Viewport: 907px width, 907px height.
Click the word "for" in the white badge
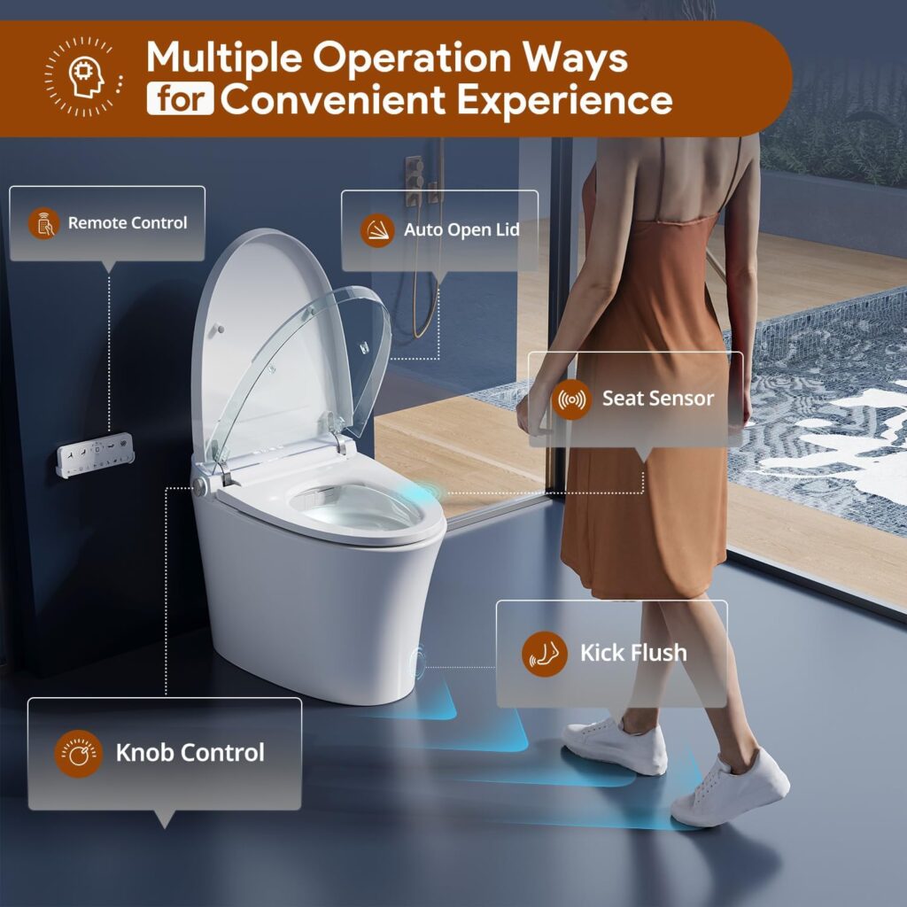tap(180, 98)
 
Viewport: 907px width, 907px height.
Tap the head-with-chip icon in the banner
tap(85, 76)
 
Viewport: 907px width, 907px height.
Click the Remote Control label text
tap(128, 222)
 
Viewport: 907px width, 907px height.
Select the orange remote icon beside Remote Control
tap(44, 223)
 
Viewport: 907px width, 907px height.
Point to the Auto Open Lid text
tap(461, 229)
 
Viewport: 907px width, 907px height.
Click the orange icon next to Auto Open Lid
tap(377, 230)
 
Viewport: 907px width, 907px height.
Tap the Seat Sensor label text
tap(658, 399)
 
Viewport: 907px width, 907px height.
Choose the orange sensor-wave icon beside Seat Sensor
tap(571, 399)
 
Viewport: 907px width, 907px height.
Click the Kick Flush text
tap(633, 653)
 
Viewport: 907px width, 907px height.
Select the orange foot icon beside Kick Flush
tap(545, 655)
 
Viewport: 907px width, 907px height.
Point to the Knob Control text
tap(190, 753)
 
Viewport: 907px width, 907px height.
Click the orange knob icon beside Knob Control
tap(79, 754)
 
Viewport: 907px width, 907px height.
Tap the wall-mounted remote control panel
tap(96, 454)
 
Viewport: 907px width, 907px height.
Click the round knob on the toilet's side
tap(200, 487)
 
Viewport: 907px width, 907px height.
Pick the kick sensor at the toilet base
tap(418, 663)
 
